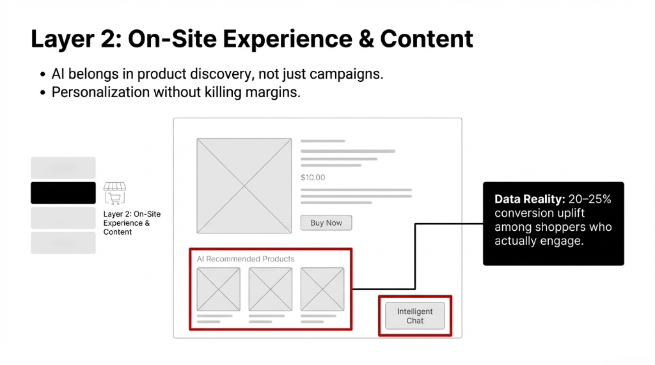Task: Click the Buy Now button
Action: tap(326, 223)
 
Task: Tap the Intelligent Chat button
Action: tap(414, 316)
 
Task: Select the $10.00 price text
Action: tap(313, 177)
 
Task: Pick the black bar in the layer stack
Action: tap(63, 193)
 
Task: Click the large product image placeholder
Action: tap(244, 186)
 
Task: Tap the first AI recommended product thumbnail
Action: tap(218, 289)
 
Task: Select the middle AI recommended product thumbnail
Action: tap(270, 289)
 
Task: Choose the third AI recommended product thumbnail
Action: tap(322, 289)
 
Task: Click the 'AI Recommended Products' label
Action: tap(246, 259)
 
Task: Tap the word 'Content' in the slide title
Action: tap(427, 39)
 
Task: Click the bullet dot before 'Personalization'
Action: tap(43, 93)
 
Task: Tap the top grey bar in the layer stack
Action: tap(63, 168)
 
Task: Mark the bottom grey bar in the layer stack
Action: tap(63, 243)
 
